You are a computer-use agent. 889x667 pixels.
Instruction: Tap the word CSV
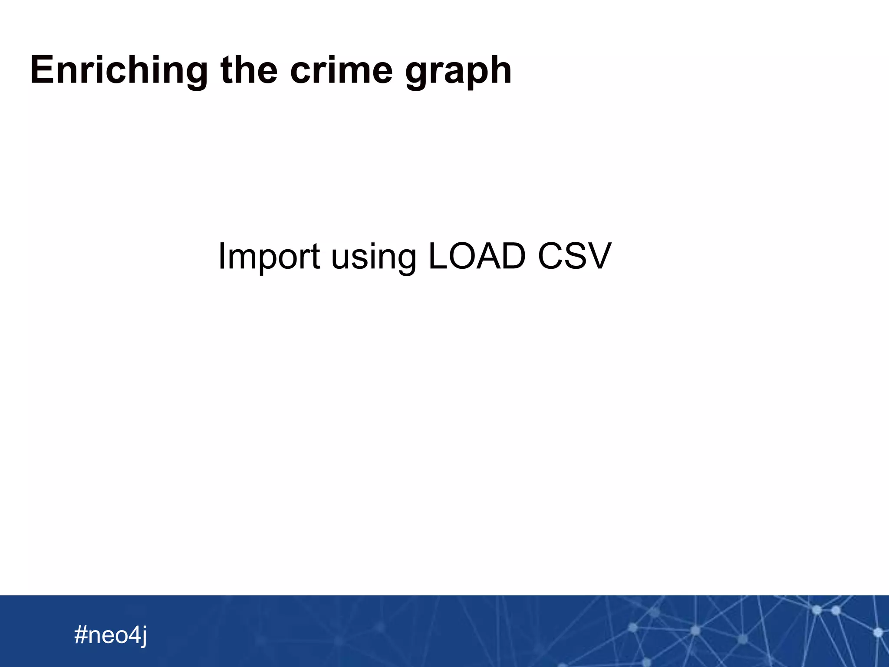pos(574,256)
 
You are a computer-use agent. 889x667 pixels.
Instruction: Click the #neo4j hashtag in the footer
pos(111,635)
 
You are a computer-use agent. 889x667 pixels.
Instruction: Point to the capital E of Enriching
pos(42,69)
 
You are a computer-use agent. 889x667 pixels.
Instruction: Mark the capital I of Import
pos(221,256)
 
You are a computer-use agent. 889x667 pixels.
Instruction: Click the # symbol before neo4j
pos(80,634)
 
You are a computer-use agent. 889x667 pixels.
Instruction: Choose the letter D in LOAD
pos(512,256)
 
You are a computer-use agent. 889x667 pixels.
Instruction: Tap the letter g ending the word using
pos(406,260)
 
